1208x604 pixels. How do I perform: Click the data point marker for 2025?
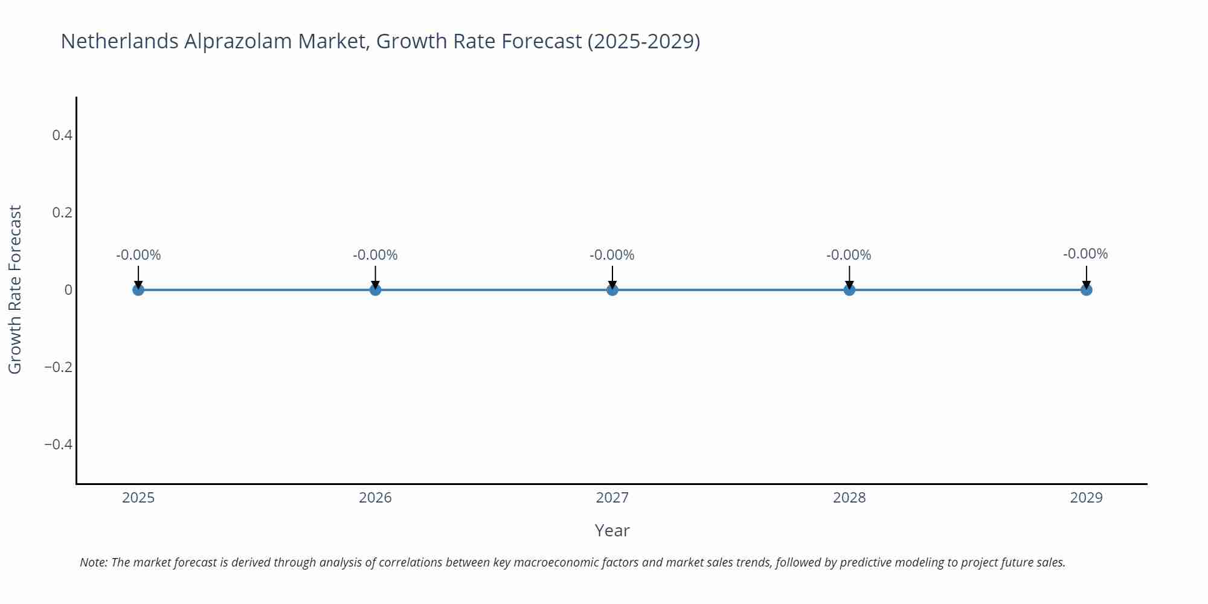[x=138, y=290]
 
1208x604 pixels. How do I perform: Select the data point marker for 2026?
[x=375, y=290]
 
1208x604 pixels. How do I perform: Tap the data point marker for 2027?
[x=612, y=290]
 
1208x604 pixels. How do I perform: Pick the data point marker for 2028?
[x=849, y=290]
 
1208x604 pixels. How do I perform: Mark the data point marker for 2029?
[x=1086, y=290]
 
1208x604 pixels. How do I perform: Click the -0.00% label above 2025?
[x=138, y=255]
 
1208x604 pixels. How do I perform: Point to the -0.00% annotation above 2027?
[x=612, y=255]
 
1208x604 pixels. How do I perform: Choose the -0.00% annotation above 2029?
[x=1085, y=254]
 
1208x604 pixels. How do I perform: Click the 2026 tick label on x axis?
[x=375, y=498]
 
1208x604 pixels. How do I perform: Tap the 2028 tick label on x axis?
[x=849, y=498]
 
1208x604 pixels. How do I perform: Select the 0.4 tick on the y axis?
[x=62, y=135]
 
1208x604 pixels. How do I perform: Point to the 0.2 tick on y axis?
[x=62, y=213]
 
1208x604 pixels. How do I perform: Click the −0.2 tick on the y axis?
[x=59, y=367]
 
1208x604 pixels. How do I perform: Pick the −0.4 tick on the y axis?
[x=59, y=445]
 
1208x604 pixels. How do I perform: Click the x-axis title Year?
[x=612, y=530]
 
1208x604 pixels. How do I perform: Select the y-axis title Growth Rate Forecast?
[x=15, y=290]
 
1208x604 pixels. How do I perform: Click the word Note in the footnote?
[x=93, y=562]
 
